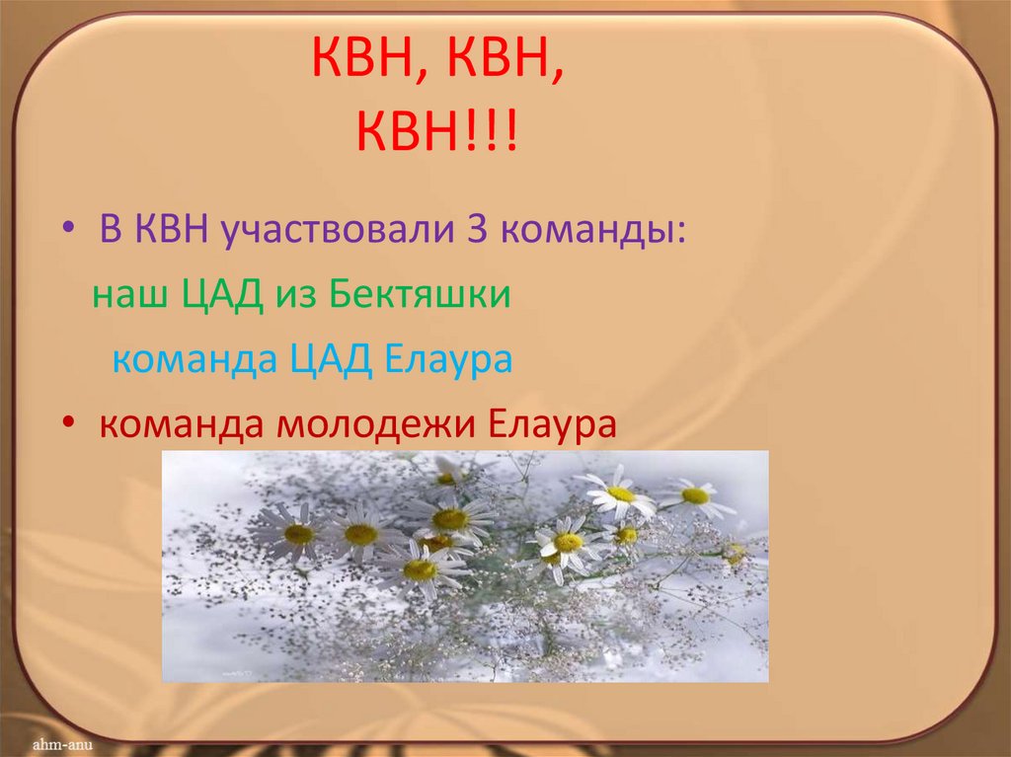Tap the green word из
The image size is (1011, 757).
[x=292, y=296]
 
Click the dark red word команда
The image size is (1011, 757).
[x=181, y=425]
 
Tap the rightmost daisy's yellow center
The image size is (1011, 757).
[x=695, y=495]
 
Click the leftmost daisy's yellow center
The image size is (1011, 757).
[x=298, y=534]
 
